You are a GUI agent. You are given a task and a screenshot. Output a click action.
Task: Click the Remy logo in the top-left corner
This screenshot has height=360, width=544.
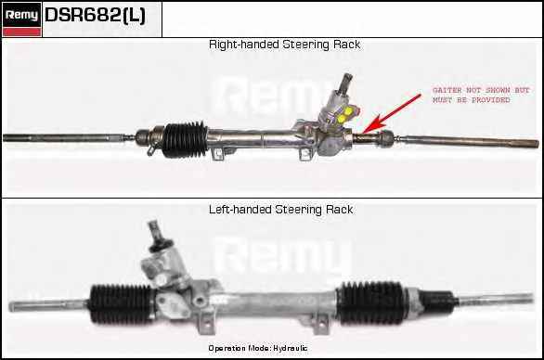tap(21, 19)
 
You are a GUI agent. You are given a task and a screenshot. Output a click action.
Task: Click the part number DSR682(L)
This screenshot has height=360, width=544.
tap(95, 15)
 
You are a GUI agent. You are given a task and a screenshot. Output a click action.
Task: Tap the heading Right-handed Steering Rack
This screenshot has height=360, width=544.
tap(284, 45)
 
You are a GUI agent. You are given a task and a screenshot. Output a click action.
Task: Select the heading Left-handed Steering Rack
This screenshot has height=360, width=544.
tap(281, 210)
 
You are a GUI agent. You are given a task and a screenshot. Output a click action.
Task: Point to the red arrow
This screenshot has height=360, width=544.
tap(392, 113)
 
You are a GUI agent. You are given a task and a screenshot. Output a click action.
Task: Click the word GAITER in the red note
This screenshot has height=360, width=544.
tap(447, 90)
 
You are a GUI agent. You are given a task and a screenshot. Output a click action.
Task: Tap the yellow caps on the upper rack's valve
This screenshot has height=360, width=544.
tap(344, 116)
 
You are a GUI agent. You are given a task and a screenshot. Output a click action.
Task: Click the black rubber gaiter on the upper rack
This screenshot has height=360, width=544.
tap(185, 139)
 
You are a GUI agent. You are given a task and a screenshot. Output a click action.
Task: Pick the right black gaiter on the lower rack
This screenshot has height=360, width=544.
tap(371, 303)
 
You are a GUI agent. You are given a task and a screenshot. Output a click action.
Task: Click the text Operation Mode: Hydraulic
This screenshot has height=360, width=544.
tap(258, 348)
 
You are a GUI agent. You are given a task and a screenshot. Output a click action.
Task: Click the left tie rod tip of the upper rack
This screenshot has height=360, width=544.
tap(5, 137)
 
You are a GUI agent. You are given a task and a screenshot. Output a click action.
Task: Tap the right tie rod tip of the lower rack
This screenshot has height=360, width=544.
tap(532, 298)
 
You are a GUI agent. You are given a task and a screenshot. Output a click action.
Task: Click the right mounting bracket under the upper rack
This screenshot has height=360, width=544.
tap(305, 154)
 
